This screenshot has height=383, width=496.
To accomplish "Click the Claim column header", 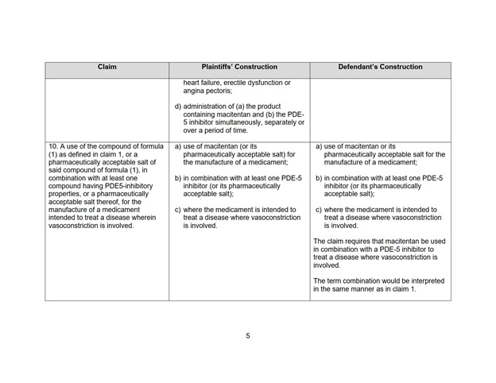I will click(x=107, y=68).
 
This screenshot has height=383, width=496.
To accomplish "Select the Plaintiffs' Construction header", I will click(x=238, y=68).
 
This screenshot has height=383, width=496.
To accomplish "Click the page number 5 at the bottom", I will click(x=247, y=336).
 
